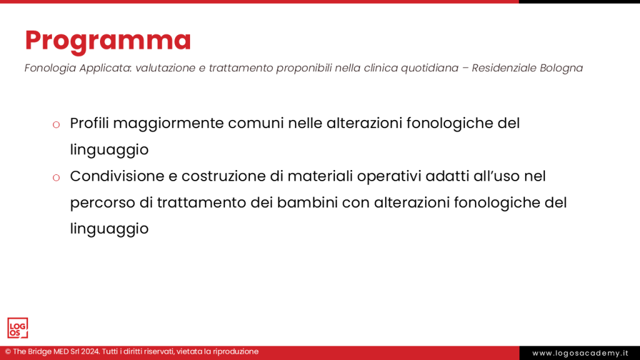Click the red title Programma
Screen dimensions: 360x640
pyautogui.click(x=108, y=40)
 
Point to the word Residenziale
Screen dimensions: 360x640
pyautogui.click(x=497, y=67)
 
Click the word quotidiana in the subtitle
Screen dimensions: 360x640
pyautogui.click(x=426, y=67)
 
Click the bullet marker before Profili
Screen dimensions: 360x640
pyautogui.click(x=56, y=124)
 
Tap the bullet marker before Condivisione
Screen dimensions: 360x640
pyautogui.click(x=56, y=177)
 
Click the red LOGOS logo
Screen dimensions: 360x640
pyautogui.click(x=17, y=328)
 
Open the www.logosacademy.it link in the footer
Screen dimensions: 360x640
pyautogui.click(x=579, y=353)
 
